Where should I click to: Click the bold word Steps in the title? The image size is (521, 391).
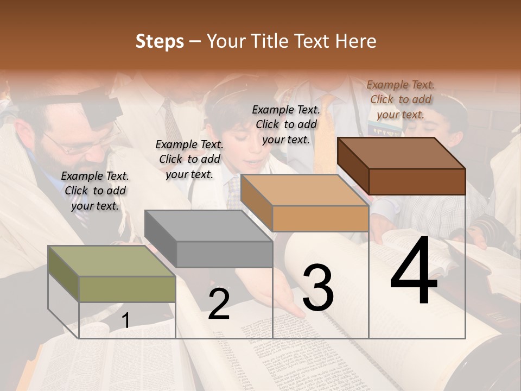(160, 41)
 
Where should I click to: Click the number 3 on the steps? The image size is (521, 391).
(317, 287)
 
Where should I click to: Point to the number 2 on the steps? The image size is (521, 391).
(219, 304)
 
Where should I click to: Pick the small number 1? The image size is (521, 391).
(125, 321)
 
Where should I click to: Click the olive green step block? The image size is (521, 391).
(111, 274)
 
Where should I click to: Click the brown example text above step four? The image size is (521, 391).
(401, 99)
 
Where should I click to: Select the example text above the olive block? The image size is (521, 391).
(95, 191)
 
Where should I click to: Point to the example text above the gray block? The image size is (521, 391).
(189, 159)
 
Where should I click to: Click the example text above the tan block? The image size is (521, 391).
(286, 124)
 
